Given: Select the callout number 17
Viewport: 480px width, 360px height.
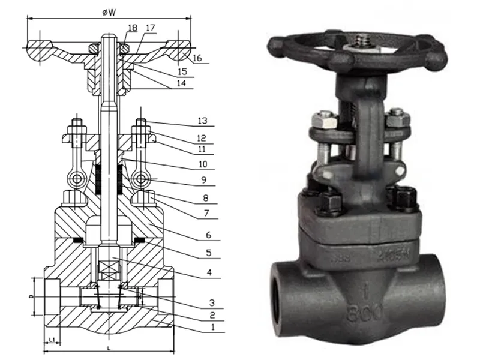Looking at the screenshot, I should (150, 28).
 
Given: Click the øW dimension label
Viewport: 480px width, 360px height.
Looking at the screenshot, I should (109, 10).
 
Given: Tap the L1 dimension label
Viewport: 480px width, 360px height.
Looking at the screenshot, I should (52, 340).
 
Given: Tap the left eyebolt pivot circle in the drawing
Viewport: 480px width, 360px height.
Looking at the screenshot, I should (76, 179).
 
